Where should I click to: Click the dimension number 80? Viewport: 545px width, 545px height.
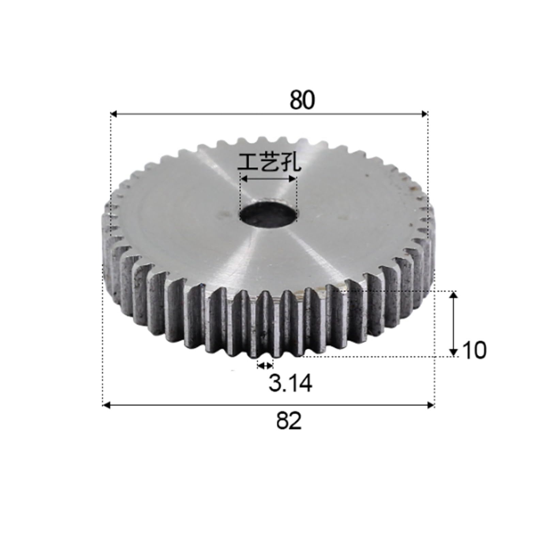(x=302, y=100)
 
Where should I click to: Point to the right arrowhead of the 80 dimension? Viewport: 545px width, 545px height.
(x=424, y=114)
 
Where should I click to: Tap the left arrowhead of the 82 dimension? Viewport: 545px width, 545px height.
(x=106, y=405)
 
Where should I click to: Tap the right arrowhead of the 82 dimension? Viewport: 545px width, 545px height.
(x=431, y=405)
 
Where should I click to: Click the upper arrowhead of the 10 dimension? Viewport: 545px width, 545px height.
(x=453, y=295)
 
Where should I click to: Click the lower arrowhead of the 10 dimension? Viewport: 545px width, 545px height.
(x=453, y=353)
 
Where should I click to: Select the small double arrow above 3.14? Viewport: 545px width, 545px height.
(x=265, y=365)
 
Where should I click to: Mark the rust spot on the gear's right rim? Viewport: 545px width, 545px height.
(x=415, y=188)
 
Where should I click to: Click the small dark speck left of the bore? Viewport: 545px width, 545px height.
(x=224, y=214)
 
